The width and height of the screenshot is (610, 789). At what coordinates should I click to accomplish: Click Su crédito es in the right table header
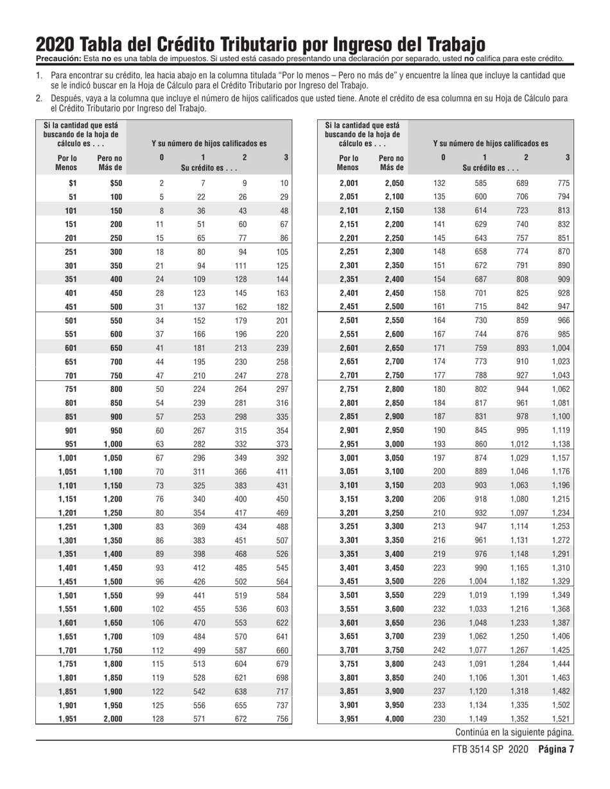click(485, 168)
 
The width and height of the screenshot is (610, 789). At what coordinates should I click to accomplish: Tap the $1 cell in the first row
click(73, 183)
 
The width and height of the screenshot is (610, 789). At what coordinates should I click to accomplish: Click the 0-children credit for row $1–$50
click(161, 183)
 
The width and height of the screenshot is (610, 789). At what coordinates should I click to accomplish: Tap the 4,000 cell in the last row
click(395, 718)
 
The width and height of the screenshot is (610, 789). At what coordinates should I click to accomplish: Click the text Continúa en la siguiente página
click(514, 732)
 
